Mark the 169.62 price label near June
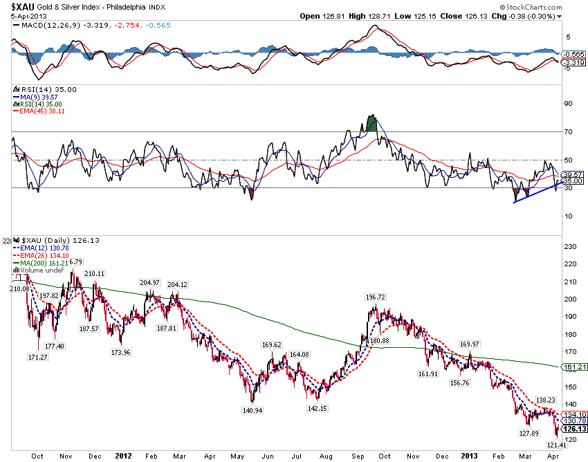273,344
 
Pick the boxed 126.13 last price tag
575,429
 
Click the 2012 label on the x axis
124,455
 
